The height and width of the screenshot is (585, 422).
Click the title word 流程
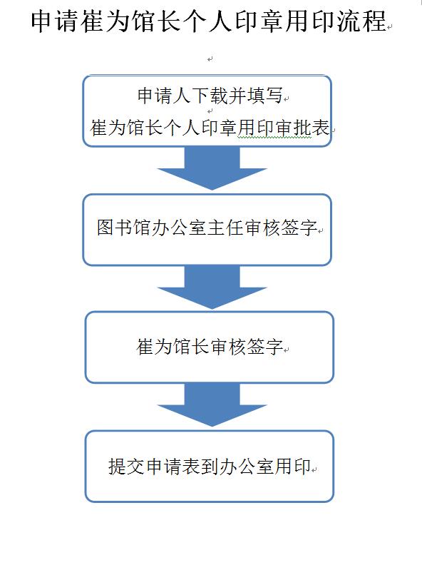[x=361, y=21]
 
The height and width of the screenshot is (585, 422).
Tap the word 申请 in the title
[x=54, y=21]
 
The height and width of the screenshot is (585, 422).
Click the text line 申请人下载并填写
[x=210, y=96]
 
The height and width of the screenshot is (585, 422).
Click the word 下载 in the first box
[x=210, y=96]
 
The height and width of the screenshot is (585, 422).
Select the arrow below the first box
[x=212, y=168]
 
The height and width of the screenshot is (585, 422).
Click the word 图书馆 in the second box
[x=124, y=227]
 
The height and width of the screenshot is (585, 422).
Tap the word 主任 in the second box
[x=225, y=227]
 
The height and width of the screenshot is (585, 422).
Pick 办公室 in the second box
[x=179, y=227]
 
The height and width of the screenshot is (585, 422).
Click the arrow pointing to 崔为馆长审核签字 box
[x=212, y=288]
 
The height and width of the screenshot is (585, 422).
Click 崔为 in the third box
[x=155, y=347]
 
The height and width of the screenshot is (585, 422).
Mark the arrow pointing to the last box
[x=212, y=405]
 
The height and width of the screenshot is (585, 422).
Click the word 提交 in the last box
[x=126, y=467]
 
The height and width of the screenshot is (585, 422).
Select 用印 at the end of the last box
[x=293, y=467]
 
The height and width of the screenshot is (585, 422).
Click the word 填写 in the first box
[x=264, y=96]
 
